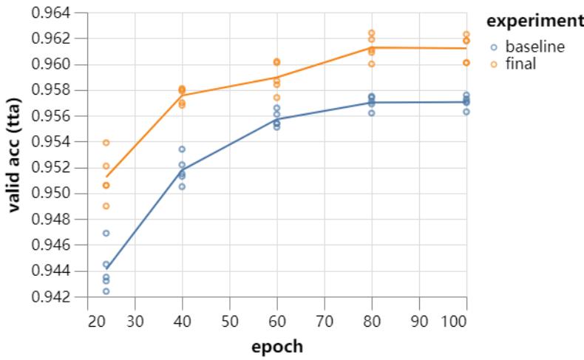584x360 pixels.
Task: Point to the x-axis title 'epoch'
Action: (x=276, y=345)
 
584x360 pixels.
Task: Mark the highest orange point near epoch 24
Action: (x=106, y=143)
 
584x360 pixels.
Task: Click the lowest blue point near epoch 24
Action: (x=106, y=291)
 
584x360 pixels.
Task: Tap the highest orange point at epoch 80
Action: (x=372, y=33)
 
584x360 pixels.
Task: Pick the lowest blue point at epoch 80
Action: (x=372, y=113)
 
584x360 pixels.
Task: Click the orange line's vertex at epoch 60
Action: (x=276, y=77)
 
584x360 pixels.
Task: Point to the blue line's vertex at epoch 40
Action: (x=182, y=169)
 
